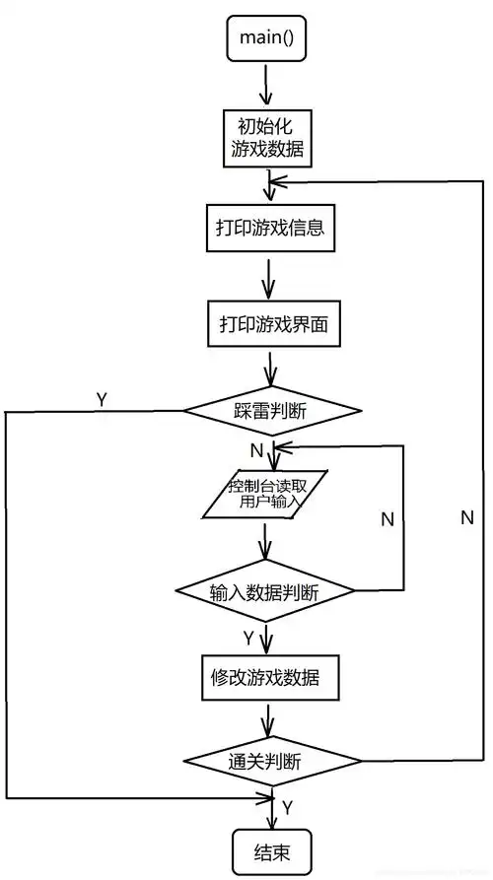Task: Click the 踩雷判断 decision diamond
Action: click(268, 410)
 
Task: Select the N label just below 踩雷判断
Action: click(256, 450)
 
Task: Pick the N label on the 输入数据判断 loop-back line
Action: click(387, 517)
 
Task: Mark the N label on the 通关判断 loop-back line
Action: click(466, 517)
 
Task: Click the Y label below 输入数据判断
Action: click(247, 636)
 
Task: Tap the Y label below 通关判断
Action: click(287, 807)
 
